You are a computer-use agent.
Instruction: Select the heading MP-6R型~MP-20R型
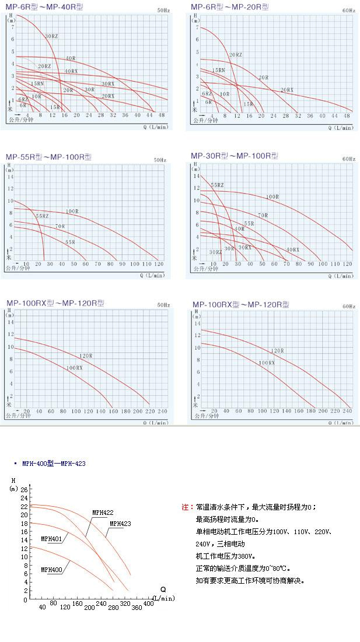(x=230, y=7)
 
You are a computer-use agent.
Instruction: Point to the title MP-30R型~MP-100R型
(x=235, y=156)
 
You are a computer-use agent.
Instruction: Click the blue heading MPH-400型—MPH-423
(x=54, y=464)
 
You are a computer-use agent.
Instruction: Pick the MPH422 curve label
(x=103, y=513)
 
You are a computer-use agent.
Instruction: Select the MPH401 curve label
(x=51, y=539)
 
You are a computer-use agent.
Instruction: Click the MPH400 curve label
(x=51, y=569)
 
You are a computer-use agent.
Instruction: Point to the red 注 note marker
(x=186, y=507)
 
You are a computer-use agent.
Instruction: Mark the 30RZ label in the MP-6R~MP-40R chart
(x=51, y=37)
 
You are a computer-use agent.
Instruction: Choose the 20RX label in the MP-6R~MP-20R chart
(x=286, y=90)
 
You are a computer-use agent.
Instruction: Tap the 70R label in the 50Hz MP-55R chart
(x=60, y=226)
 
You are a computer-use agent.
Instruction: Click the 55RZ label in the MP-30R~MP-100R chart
(x=217, y=185)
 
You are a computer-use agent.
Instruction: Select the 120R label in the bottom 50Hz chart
(x=86, y=355)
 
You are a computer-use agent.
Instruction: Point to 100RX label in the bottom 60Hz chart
(x=267, y=363)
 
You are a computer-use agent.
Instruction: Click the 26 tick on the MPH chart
(x=25, y=490)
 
